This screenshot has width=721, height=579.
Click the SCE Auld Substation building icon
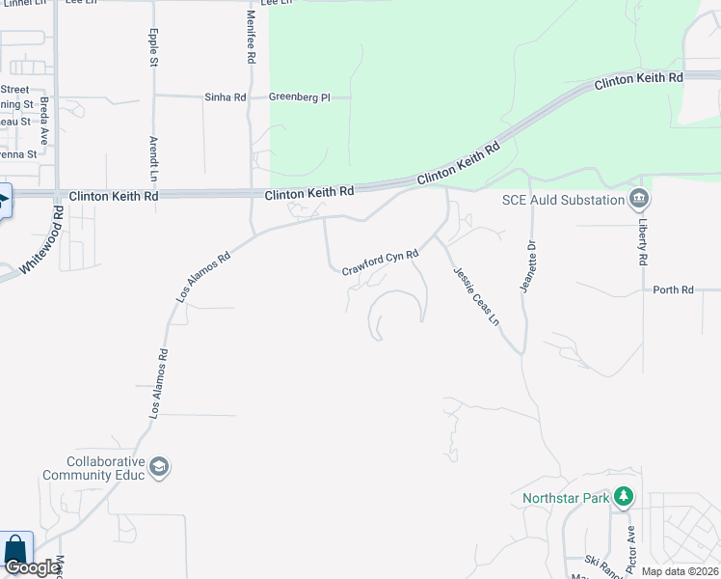pos(639,200)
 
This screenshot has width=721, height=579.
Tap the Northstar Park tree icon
pos(625,498)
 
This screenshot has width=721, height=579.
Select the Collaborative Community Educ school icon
pos(160,468)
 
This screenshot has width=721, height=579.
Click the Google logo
pos(31,568)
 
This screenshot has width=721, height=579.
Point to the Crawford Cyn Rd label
pos(381,262)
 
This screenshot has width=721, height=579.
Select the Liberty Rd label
pos(643,240)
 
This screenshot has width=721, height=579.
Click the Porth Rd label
pos(673,289)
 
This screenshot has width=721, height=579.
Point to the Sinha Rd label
pos(225,97)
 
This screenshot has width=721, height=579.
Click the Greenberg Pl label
pos(299,97)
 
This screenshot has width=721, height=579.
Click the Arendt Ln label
pos(152,158)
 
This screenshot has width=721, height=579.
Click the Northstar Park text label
pos(566,499)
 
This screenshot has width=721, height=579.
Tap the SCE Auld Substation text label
pos(563,200)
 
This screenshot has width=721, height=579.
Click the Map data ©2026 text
pos(680,571)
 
